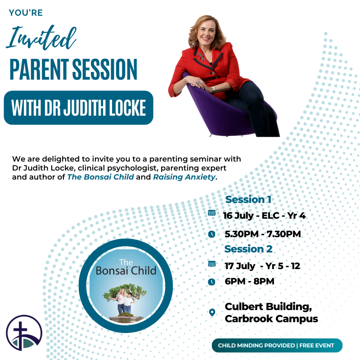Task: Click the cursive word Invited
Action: (41, 38)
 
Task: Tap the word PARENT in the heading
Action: (39, 69)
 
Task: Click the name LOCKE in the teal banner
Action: (127, 108)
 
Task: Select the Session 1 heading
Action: (248, 199)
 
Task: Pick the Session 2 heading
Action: (248, 249)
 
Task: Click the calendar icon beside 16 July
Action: (211, 213)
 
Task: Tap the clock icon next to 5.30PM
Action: (211, 234)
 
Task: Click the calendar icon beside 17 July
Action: (211, 264)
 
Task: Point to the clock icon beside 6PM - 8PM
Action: (211, 282)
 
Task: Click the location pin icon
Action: (212, 312)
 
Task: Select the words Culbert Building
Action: (268, 307)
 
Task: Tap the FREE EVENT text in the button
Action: (317, 345)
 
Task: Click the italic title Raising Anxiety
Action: (184, 177)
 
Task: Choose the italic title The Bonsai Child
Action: (100, 177)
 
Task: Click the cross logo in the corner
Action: (24, 333)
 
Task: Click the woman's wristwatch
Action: (213, 90)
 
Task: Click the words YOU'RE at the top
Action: (26, 13)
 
